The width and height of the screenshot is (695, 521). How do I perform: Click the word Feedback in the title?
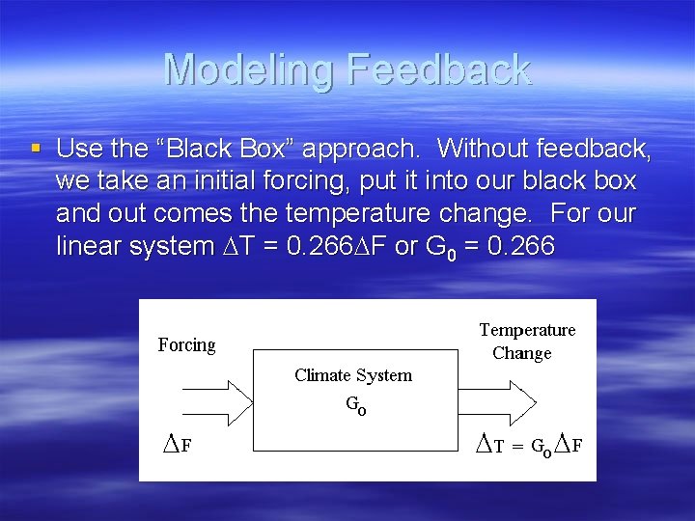tap(438, 69)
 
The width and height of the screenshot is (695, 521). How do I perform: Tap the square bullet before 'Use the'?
tap(36, 148)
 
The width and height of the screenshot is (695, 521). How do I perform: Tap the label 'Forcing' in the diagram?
tap(186, 345)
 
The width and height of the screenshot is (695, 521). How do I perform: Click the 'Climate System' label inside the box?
tap(353, 375)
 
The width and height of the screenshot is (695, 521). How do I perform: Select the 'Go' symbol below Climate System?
tap(356, 406)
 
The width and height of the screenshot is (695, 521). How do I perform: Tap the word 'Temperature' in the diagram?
tap(527, 330)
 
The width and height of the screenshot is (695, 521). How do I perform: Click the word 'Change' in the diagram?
tap(522, 353)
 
